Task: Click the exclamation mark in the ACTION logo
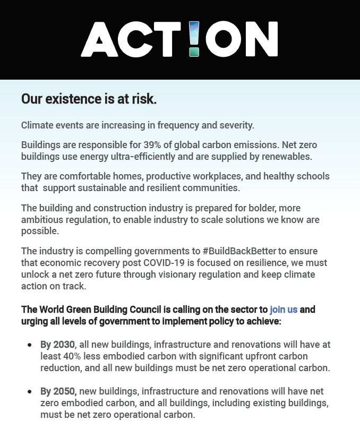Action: [x=194, y=39]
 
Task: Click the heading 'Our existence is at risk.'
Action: [x=89, y=99]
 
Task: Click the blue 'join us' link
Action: [x=284, y=310]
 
